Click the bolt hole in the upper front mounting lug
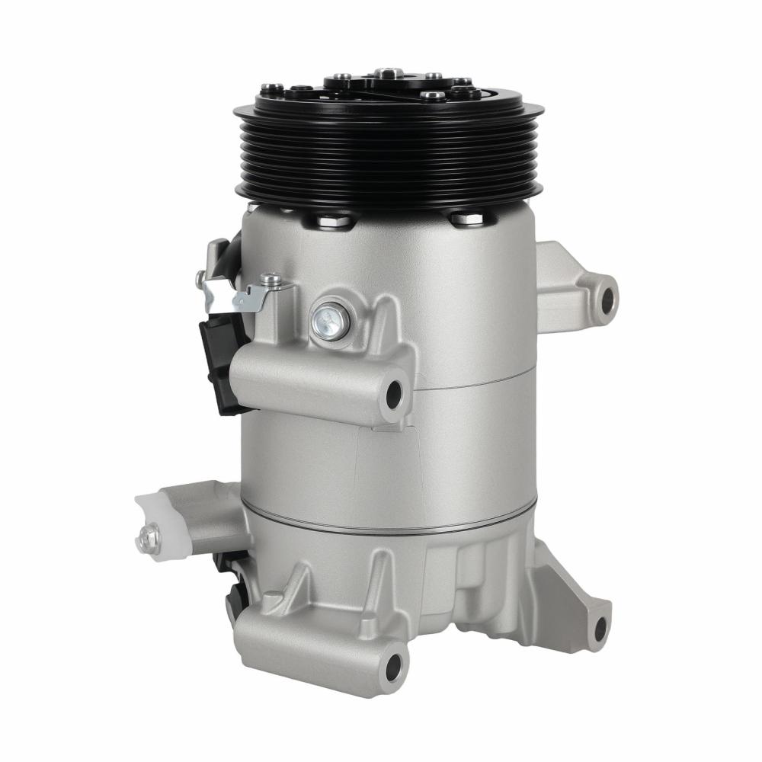(394, 393)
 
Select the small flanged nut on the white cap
(145, 536)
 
